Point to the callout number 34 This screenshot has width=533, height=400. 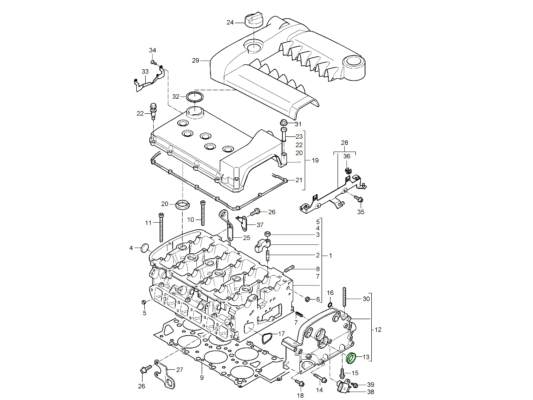pyautogui.click(x=152, y=50)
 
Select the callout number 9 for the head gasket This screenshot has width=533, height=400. pyautogui.click(x=201, y=378)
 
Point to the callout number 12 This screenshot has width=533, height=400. pyautogui.click(x=378, y=330)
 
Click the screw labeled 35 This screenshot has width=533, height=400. pyautogui.click(x=358, y=200)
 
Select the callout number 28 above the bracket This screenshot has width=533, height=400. pyautogui.click(x=345, y=143)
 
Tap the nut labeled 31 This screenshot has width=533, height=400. pyautogui.click(x=283, y=123)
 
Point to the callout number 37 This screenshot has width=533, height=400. pyautogui.click(x=260, y=225)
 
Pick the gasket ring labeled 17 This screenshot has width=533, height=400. pyautogui.click(x=267, y=338)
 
